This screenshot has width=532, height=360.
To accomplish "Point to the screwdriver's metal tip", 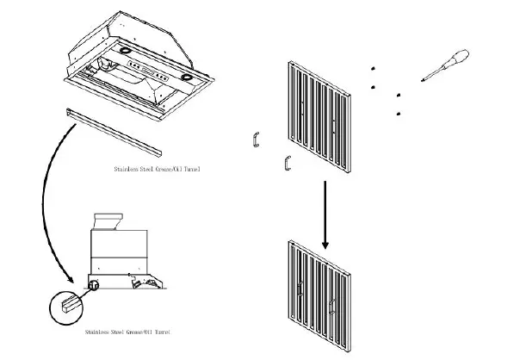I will click(422, 81).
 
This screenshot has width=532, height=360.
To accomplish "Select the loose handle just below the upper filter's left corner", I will click(288, 163).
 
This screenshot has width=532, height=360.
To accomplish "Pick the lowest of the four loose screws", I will click(398, 114).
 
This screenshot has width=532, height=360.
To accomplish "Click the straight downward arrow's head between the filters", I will click(325, 244).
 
